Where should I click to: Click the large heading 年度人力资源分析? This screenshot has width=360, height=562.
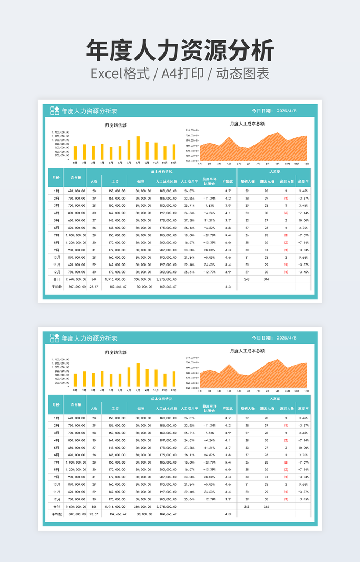tap(180, 51)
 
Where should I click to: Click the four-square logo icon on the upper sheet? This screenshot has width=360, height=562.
tap(54, 111)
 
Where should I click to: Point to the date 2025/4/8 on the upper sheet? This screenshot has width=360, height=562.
tap(287, 111)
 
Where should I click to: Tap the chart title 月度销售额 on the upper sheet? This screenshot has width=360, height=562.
tap(116, 126)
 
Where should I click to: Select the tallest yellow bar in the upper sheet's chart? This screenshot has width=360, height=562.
tap(138, 148)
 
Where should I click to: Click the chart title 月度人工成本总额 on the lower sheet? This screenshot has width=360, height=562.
tap(247, 351)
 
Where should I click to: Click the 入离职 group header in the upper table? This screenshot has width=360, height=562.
tap(274, 172)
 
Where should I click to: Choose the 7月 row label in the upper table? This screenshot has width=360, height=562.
tap(56, 235)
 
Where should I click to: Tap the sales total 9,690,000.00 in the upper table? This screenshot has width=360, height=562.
tap(75, 279)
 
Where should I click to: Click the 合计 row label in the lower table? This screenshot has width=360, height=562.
tap(56, 506)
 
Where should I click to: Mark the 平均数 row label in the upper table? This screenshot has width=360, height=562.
tap(56, 286)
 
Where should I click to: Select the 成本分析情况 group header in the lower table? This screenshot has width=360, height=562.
tap(161, 399)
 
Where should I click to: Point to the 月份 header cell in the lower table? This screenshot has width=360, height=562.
tap(56, 404)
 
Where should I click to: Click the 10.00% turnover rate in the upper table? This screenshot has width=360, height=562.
tap(303, 220)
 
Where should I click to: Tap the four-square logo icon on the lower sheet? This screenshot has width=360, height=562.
tap(54, 338)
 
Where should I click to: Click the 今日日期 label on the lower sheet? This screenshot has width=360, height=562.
tap(262, 338)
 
